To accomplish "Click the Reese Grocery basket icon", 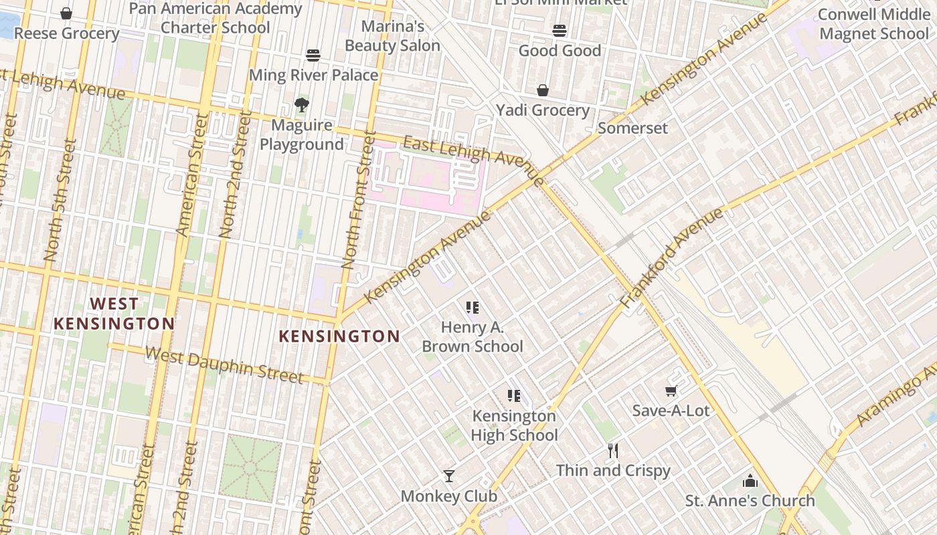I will (x=66, y=13).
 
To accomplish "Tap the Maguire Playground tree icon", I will (x=301, y=104).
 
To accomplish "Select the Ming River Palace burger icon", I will (x=313, y=55).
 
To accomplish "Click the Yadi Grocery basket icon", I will (x=543, y=90).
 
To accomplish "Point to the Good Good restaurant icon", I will (x=560, y=30).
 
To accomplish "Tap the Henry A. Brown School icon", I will (x=473, y=308).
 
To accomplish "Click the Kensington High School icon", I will (x=514, y=396).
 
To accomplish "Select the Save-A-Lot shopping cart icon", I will (x=671, y=391).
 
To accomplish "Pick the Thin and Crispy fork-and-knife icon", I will (x=612, y=451).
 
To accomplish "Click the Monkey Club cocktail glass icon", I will (x=449, y=476).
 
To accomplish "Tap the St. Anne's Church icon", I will (x=750, y=481).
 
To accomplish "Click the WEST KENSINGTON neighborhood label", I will (x=114, y=314).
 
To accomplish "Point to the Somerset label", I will (x=632, y=128).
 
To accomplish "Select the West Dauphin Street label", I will (x=224, y=365).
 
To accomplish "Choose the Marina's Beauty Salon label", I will (x=393, y=36).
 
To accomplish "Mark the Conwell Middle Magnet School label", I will (x=874, y=24).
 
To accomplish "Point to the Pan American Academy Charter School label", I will (x=216, y=18).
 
